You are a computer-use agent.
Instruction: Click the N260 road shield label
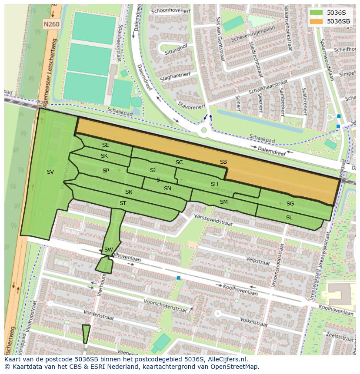(51, 25)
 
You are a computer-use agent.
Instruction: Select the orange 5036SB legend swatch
(317, 21)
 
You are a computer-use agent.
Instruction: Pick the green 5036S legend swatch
(317, 13)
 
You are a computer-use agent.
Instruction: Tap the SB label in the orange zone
(223, 162)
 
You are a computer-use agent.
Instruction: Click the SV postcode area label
(50, 172)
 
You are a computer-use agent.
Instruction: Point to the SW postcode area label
(108, 250)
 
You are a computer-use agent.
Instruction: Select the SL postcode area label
(289, 217)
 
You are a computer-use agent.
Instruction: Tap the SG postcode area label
(290, 204)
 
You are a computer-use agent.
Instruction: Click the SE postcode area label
(105, 145)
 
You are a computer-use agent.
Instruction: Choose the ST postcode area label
(123, 203)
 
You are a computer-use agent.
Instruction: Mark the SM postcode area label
(223, 202)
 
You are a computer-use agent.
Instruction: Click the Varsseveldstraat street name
(213, 220)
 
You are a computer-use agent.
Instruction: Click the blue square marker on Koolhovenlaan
(178, 278)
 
